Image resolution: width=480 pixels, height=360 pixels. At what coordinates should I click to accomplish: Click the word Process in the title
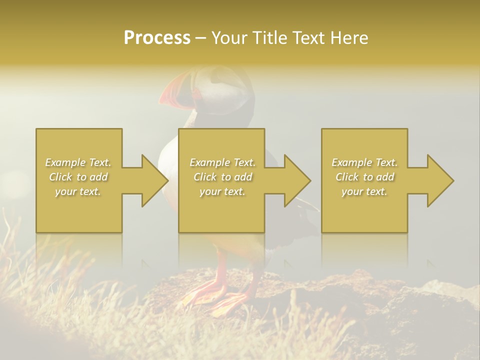pyautogui.click(x=157, y=38)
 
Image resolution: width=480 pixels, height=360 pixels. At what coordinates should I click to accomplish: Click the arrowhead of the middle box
pyautogui.click(x=297, y=180)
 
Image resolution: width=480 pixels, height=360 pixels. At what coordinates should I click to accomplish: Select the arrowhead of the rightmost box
pyautogui.click(x=440, y=180)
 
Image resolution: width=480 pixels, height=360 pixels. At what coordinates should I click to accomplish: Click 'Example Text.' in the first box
pyautogui.click(x=78, y=162)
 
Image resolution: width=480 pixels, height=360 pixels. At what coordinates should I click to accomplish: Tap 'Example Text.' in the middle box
pyautogui.click(x=222, y=162)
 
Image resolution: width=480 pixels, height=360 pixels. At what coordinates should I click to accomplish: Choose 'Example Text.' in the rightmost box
pyautogui.click(x=364, y=162)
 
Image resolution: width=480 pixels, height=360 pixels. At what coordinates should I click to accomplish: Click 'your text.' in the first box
pyautogui.click(x=78, y=191)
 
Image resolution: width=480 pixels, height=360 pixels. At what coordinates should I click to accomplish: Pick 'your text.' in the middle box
pyautogui.click(x=222, y=191)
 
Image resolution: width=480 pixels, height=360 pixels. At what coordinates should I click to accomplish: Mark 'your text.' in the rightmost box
pyautogui.click(x=364, y=191)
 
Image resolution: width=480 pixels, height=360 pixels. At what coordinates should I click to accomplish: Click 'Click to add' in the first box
pyautogui.click(x=78, y=177)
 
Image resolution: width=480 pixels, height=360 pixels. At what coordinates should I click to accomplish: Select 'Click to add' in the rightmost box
pyautogui.click(x=364, y=177)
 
